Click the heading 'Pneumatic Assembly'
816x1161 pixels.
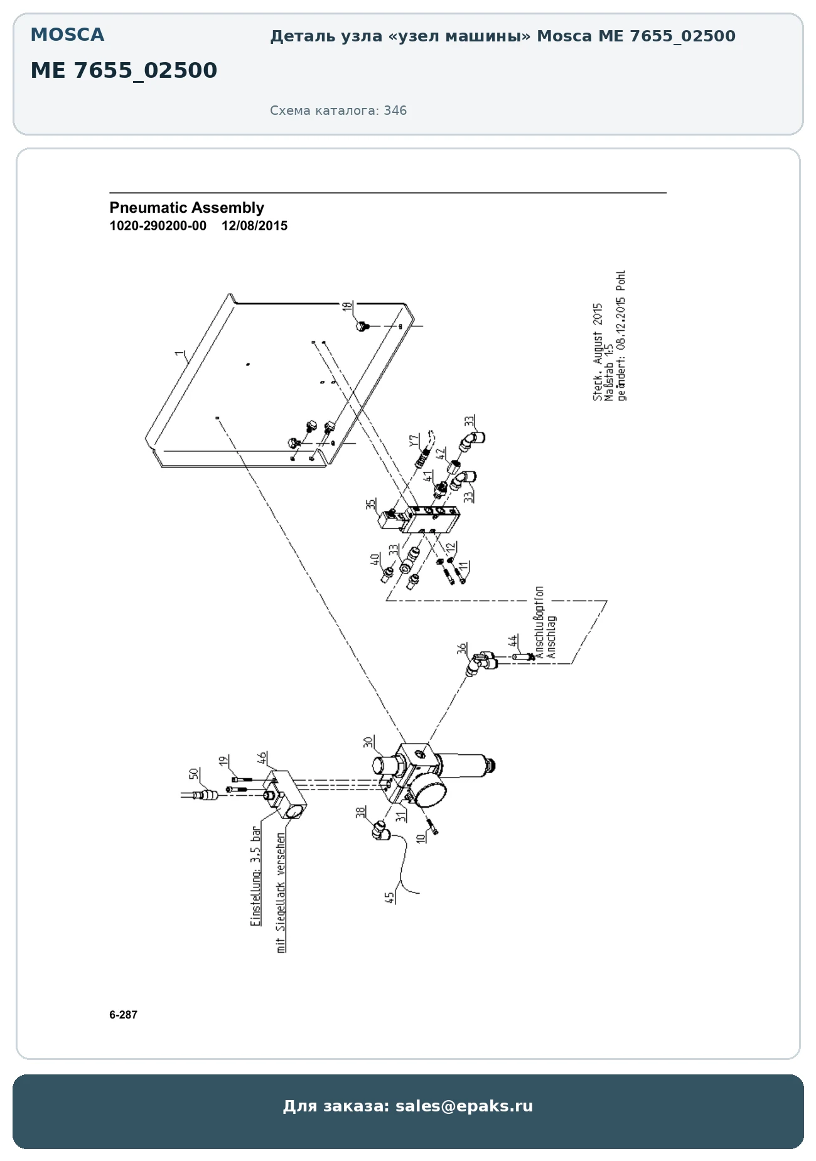186,208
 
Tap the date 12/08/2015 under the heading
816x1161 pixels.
254,226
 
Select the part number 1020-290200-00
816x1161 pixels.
158,226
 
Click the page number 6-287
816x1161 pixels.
123,1015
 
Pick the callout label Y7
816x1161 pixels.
414,441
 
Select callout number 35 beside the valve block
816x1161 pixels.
372,504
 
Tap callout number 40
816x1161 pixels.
375,559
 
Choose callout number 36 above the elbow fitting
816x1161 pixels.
462,648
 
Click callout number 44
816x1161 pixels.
513,641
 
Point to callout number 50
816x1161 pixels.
194,774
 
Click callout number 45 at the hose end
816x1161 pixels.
390,898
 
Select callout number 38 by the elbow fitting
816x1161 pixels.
361,813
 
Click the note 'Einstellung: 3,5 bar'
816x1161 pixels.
256,876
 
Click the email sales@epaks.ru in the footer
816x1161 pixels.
464,1106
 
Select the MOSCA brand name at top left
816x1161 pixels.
67,35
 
